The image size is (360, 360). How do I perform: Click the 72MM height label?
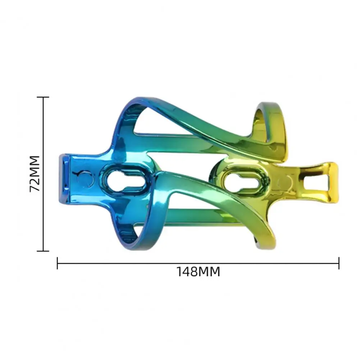[35, 174]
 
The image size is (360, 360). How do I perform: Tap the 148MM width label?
[198, 272]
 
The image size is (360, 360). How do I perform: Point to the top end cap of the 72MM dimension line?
[43, 97]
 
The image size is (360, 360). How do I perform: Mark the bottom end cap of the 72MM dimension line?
[43, 251]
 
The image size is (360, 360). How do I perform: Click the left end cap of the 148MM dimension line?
[58, 263]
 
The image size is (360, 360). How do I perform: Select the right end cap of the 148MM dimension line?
[339, 263]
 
